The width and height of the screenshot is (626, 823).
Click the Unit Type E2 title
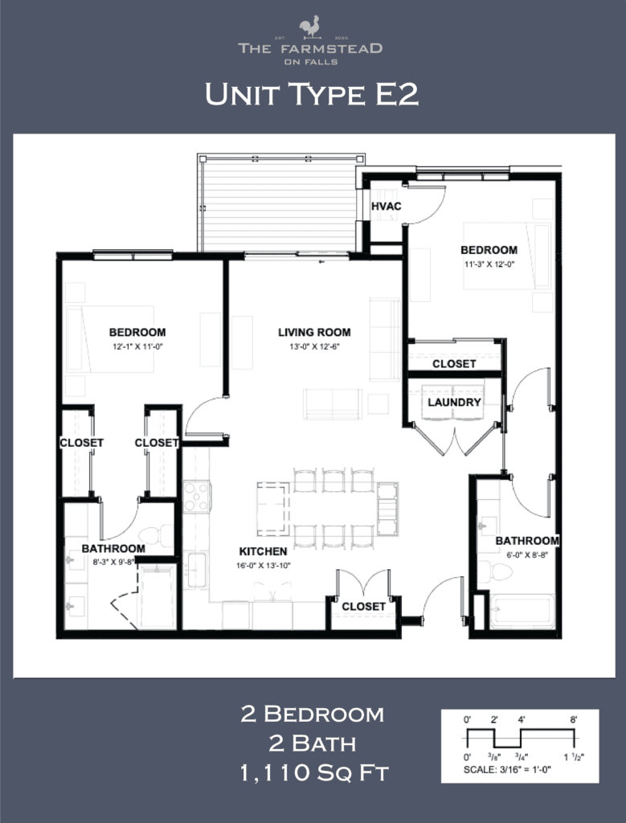312,95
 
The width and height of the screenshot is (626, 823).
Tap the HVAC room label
386,207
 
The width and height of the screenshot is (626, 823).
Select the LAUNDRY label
454,402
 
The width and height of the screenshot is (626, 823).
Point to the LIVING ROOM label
314,332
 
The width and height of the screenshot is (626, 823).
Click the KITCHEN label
263,552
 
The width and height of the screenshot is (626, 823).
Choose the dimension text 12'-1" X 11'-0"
137,346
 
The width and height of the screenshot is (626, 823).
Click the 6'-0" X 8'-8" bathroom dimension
526,554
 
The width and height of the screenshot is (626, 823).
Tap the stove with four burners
197,497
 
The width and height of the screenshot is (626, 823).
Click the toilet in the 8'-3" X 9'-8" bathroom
156,535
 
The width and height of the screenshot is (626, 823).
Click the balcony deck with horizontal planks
280,203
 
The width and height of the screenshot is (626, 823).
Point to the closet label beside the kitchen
363,606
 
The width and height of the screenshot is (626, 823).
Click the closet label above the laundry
454,363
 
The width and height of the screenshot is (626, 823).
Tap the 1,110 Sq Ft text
313,773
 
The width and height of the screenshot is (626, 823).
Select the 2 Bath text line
313,743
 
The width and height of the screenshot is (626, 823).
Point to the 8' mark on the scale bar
573,720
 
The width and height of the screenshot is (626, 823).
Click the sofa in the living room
385,338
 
